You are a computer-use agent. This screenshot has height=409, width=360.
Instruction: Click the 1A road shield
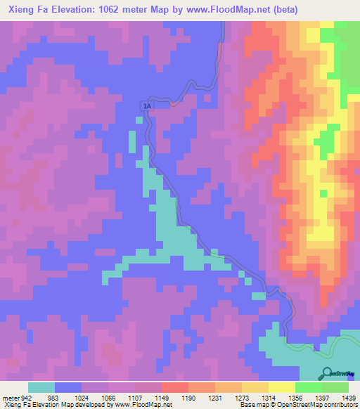click(146, 106)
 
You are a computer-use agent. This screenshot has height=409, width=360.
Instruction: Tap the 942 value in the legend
click(23, 397)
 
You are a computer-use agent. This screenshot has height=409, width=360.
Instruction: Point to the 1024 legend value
click(70, 397)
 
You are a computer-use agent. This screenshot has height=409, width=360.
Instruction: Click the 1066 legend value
click(97, 397)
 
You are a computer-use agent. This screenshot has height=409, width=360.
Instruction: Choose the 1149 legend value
click(151, 397)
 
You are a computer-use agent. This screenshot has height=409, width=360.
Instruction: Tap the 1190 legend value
click(178, 397)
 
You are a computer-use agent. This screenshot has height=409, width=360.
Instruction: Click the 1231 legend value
click(205, 397)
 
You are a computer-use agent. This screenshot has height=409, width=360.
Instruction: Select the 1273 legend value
click(231, 397)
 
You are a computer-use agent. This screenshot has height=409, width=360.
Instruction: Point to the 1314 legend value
click(258, 397)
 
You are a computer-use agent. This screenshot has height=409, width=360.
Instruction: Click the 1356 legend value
click(285, 397)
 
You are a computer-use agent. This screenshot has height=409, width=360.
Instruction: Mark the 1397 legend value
click(311, 397)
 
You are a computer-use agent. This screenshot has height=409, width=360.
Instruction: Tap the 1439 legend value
click(340, 397)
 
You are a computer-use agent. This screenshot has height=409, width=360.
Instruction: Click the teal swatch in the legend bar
click(41, 387)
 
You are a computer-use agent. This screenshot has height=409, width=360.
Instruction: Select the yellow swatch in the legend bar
click(281, 387)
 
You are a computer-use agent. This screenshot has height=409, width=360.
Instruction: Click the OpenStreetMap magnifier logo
click(327, 373)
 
